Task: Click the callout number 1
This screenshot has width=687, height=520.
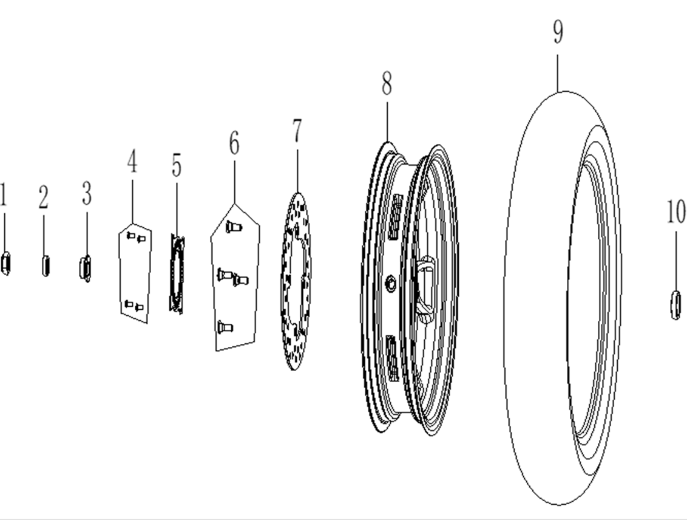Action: (x=4, y=194)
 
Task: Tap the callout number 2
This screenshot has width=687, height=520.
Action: (x=43, y=197)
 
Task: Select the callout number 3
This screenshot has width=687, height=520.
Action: (x=87, y=193)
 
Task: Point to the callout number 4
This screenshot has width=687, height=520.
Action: (x=132, y=161)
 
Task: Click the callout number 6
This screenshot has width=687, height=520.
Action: (x=234, y=143)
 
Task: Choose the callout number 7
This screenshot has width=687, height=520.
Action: (x=297, y=130)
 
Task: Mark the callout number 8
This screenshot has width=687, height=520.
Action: (x=387, y=83)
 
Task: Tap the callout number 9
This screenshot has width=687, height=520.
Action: (x=558, y=32)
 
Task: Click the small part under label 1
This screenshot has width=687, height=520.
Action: (x=5, y=264)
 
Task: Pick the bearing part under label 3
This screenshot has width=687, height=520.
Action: (x=86, y=268)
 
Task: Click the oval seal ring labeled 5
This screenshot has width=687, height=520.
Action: (x=177, y=273)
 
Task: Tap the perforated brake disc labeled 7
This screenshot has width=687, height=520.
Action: (x=296, y=281)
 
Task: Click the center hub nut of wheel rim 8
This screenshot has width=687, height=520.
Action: (x=390, y=284)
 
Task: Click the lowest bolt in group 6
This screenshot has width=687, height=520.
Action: (x=225, y=327)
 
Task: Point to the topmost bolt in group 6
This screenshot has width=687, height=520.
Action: (x=234, y=227)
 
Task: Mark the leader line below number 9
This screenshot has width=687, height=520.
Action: (x=558, y=73)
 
